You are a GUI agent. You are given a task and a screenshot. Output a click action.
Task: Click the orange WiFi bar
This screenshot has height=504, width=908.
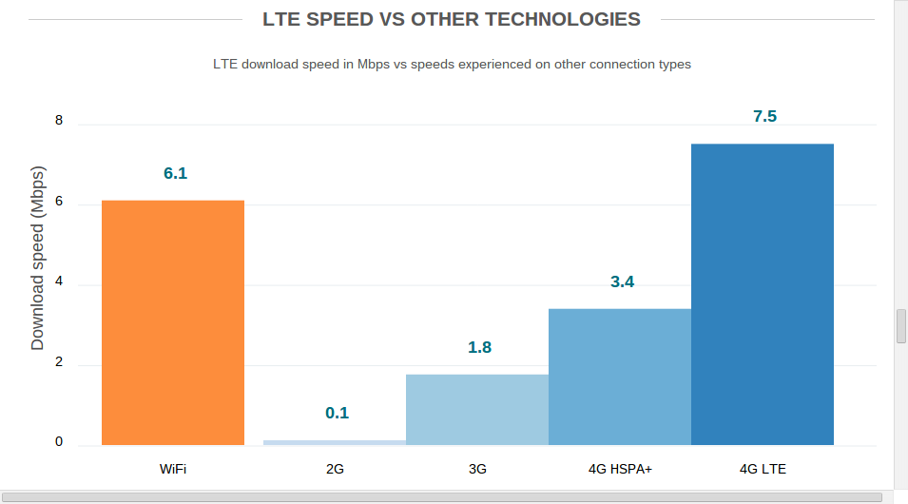click(x=173, y=322)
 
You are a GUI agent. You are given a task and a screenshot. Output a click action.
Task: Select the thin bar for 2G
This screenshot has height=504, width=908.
click(x=335, y=442)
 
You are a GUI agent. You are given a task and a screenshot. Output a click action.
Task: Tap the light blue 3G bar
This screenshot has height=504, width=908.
click(x=477, y=409)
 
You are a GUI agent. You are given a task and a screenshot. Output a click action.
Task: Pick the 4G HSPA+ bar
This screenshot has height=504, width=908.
click(x=620, y=377)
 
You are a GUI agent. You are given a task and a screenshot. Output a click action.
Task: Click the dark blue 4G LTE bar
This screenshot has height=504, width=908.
click(x=763, y=294)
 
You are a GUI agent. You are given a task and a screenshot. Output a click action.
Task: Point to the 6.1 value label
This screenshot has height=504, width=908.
click(x=175, y=173)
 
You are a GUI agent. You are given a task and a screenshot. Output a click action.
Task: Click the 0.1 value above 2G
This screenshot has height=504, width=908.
click(x=337, y=413)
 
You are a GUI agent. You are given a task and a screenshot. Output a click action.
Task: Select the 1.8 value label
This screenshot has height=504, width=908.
click(x=479, y=347)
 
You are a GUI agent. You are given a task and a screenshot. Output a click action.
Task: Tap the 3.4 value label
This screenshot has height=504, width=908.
click(x=622, y=281)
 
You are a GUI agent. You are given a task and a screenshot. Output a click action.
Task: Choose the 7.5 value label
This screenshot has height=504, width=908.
click(x=764, y=116)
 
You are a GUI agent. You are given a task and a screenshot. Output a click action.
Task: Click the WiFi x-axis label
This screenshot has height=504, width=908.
click(x=173, y=469)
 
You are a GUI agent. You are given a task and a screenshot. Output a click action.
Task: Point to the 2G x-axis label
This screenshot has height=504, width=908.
click(x=335, y=469)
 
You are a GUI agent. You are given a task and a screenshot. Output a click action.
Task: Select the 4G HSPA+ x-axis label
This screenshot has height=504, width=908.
click(x=620, y=469)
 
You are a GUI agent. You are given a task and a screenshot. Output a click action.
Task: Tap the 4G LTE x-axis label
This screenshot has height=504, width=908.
click(x=763, y=469)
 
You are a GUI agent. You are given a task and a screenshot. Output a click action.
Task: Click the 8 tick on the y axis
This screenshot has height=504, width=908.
click(x=59, y=121)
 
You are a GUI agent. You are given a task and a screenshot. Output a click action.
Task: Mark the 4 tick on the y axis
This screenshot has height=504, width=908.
click(x=59, y=281)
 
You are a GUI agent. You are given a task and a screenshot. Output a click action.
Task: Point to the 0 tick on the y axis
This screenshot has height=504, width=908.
click(x=59, y=442)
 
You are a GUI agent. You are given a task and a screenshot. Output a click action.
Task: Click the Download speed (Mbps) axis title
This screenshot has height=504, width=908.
click(x=38, y=260)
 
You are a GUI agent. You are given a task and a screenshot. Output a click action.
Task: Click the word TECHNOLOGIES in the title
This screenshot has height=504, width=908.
click(x=560, y=19)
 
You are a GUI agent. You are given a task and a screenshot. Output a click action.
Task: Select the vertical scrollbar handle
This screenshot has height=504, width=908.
click(x=900, y=325)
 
